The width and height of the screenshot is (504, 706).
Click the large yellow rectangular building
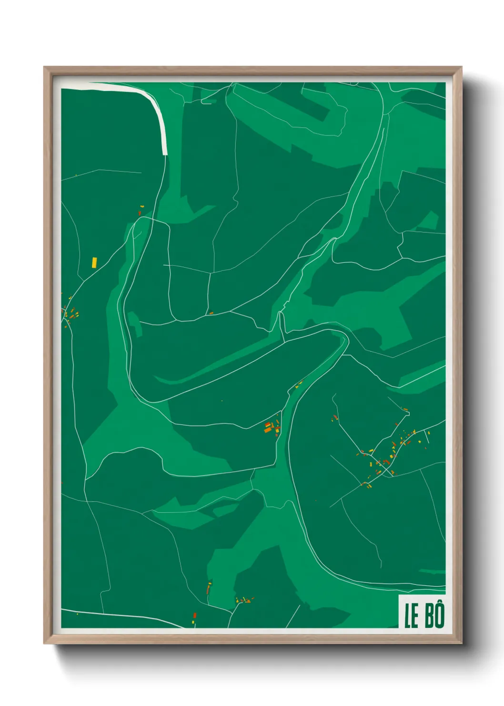(x=94, y=262)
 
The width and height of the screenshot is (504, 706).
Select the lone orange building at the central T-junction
(x=211, y=313)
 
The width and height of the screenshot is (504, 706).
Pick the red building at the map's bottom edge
(x=195, y=615)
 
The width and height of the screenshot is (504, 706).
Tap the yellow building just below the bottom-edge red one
(x=194, y=621)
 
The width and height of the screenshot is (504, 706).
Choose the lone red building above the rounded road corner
(x=140, y=212)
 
